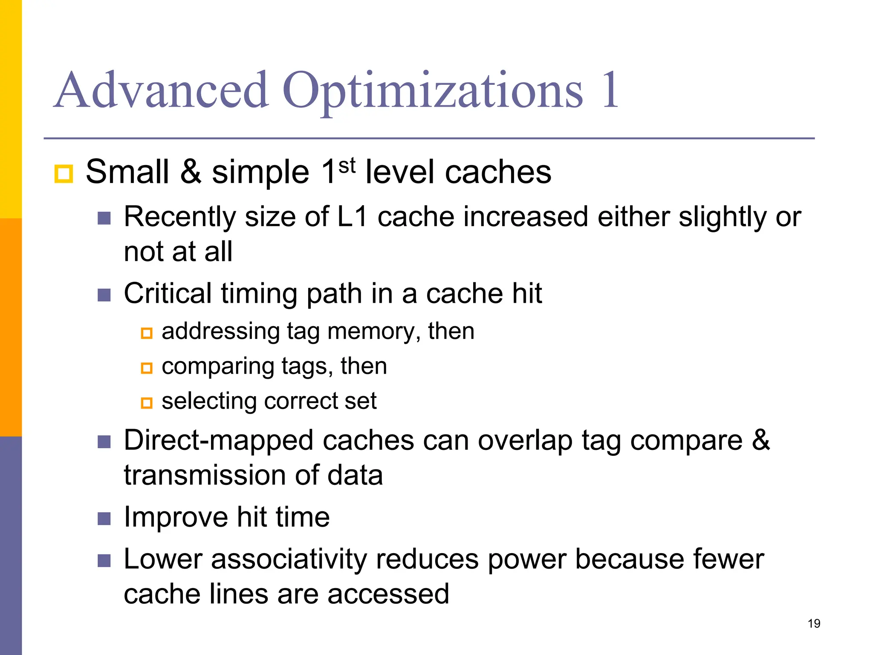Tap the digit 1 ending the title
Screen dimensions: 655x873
click(609, 90)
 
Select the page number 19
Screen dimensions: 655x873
click(814, 624)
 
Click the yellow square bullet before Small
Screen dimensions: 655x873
click(64, 174)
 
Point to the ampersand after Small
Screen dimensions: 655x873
click(191, 172)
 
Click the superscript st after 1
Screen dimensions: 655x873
click(347, 165)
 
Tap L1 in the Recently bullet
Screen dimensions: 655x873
click(352, 217)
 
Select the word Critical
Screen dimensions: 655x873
click(168, 293)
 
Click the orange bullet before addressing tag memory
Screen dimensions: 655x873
click(147, 333)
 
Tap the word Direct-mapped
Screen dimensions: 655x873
click(219, 441)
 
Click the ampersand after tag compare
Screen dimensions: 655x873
click(761, 440)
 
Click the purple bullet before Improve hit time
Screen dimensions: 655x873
click(104, 519)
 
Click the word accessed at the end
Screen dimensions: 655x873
click(388, 594)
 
